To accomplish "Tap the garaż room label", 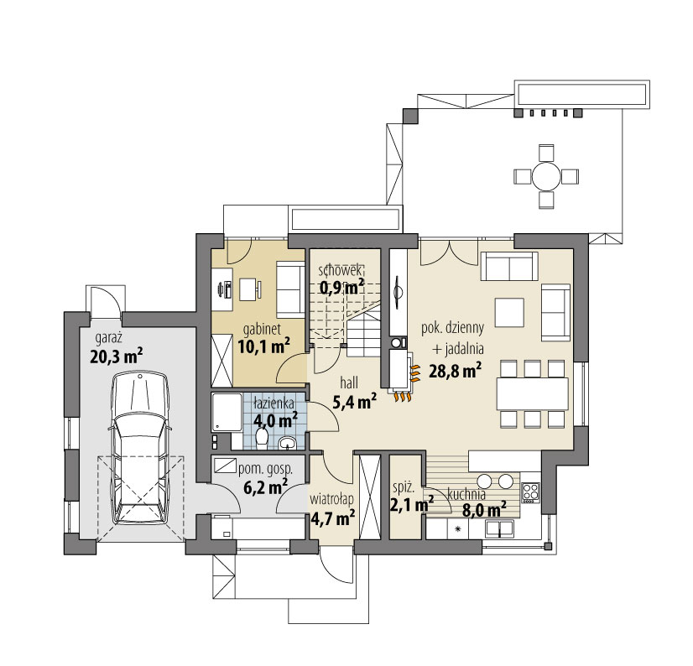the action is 109,339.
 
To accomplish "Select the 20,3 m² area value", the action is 117,356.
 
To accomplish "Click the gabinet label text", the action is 262,330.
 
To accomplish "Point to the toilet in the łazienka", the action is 262,439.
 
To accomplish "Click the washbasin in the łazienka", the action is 289,442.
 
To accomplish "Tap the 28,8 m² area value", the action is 456,372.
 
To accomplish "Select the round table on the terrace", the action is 546,176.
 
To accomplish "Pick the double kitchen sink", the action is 500,528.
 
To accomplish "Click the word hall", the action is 349,382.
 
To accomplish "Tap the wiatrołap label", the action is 331,499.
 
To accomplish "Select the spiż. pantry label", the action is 404,488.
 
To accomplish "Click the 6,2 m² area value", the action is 266,487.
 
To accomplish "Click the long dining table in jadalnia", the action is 532,393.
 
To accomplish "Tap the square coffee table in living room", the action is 509,313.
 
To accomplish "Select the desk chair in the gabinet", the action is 258,290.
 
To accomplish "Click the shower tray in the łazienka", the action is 227,413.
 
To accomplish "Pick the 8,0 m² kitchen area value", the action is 484,511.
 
